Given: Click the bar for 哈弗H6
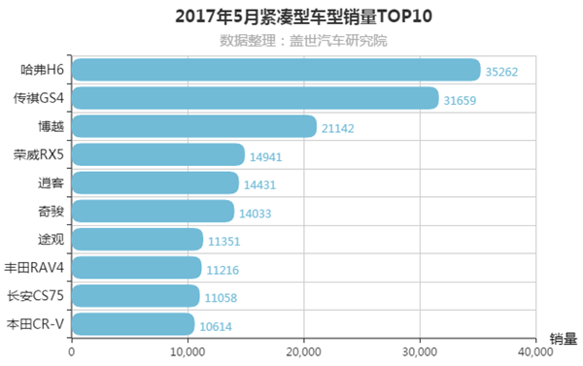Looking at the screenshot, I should point(276,70).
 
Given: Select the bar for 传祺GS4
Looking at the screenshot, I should point(255,98).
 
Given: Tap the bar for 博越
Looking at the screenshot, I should point(194,126).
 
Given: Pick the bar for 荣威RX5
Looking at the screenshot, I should point(158,154).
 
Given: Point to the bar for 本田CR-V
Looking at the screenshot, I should point(133,324).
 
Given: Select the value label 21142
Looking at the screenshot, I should point(340,127).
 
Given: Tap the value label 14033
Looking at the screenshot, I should point(257,213).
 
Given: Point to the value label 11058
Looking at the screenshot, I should point(223,297).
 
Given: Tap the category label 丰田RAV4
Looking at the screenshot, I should point(35,269).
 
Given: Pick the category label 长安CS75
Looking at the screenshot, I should point(36,297).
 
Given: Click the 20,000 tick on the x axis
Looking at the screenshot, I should point(304,350).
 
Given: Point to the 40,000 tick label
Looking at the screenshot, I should point(533,350).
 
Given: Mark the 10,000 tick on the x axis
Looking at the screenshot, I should point(188,350).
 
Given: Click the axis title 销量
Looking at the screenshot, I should point(563,339).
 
